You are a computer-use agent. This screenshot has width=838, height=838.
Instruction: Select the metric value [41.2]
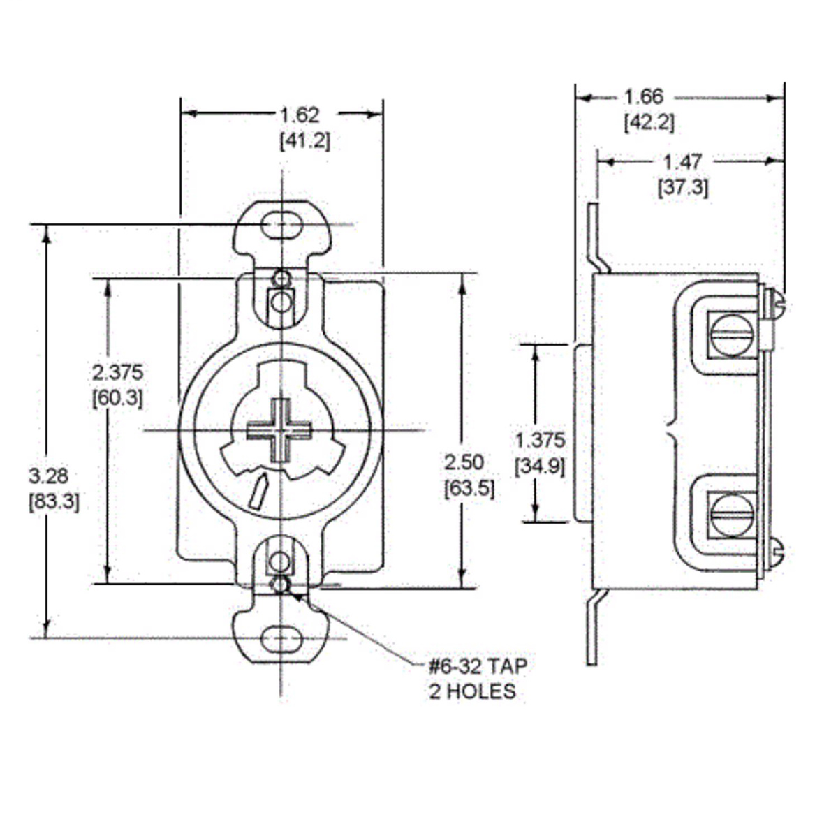tap(304, 140)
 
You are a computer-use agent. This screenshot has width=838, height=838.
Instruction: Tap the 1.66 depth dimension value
tap(643, 96)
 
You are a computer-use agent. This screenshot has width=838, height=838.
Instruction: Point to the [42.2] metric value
tap(649, 122)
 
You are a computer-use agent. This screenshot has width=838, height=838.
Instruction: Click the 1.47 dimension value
tap(682, 161)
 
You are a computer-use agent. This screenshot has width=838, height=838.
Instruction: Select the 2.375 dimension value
tap(117, 371)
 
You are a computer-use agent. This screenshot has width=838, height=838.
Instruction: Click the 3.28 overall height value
tap(48, 476)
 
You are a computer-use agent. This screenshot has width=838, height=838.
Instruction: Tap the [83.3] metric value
tap(54, 501)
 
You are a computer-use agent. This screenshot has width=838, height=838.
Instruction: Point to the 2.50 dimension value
tap(464, 462)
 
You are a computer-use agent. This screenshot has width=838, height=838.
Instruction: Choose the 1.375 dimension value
tap(539, 440)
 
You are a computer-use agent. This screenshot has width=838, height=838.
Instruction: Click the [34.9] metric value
tap(539, 466)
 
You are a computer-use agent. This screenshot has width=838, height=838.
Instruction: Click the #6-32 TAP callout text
tap(478, 665)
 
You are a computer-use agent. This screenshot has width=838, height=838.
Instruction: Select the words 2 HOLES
tap(472, 691)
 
